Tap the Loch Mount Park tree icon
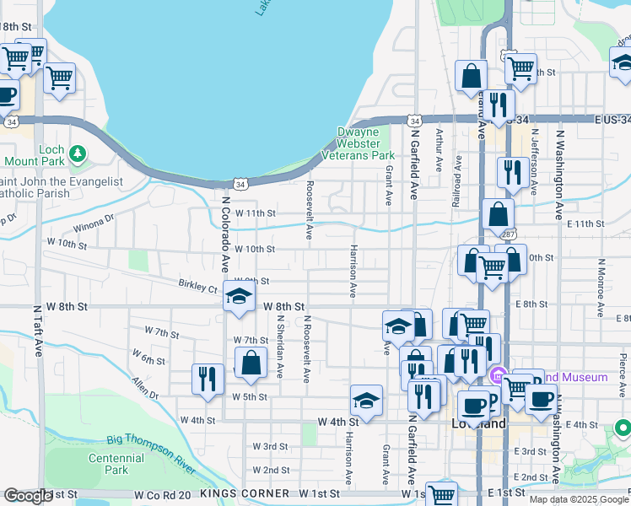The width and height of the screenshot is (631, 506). tap(78, 153)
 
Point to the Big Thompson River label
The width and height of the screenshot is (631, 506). tap(153, 440)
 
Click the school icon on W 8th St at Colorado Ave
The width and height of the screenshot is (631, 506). tap(240, 297)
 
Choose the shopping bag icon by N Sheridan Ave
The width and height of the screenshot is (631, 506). tap(252, 363)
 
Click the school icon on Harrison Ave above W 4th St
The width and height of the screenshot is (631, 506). tap(366, 400)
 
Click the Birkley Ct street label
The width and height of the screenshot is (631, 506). tap(197, 286)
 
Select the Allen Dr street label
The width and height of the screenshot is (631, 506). tap(144, 389)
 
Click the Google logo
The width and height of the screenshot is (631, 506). tap(29, 496)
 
